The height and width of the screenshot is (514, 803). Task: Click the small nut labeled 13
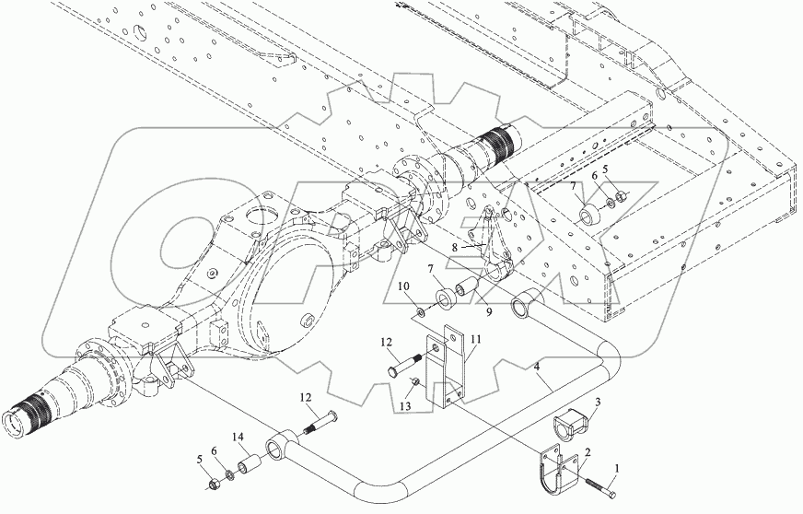point(417,384)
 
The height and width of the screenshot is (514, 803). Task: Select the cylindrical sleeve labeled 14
point(248,458)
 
